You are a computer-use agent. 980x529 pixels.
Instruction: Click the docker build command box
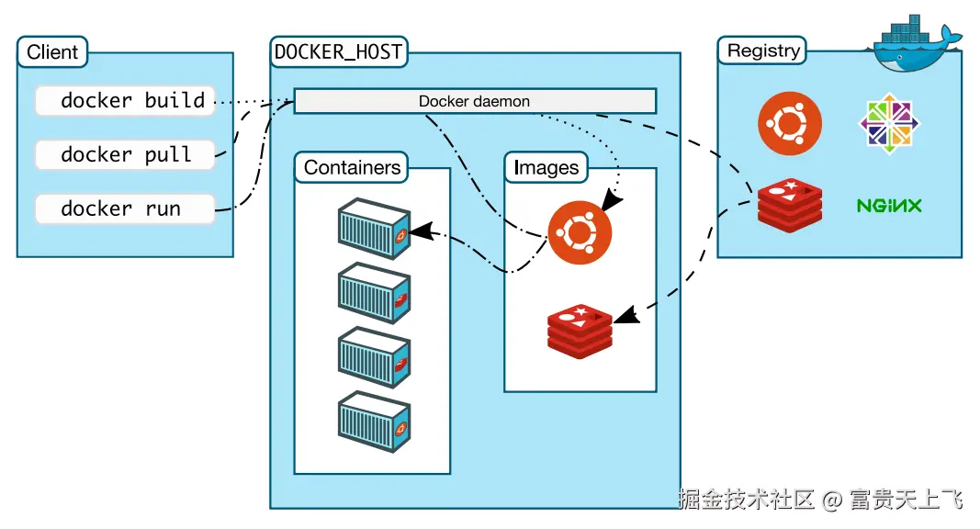pos(125,101)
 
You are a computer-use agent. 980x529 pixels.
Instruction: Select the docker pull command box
pos(125,154)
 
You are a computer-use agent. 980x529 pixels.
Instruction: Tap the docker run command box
pos(125,209)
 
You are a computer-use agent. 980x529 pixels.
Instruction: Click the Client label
pos(52,52)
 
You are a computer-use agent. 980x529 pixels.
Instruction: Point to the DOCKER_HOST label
pos(339,52)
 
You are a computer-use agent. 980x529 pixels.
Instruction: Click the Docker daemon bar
pos(474,101)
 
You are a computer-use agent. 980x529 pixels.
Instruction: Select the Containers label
pos(352,168)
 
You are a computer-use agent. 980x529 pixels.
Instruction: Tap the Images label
pos(546,168)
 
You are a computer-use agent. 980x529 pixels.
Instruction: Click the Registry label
pos(762,51)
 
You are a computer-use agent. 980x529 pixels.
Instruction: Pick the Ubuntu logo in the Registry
pos(790,123)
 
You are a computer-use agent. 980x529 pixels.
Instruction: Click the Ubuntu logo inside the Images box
pos(580,233)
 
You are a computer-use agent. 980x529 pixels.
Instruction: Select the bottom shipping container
pos(373,420)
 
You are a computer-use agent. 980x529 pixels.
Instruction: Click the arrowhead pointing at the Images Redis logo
pos(625,317)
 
